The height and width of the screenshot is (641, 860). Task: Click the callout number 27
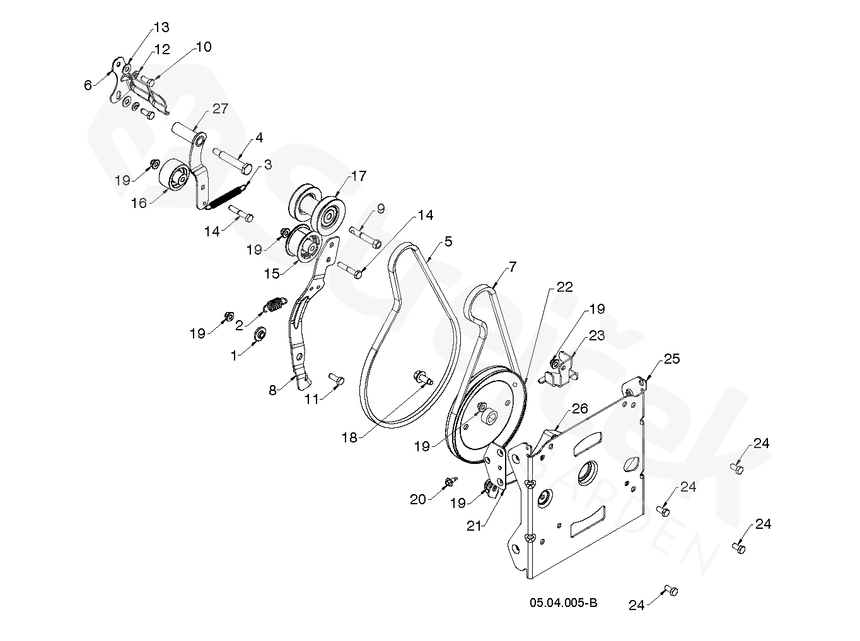(x=220, y=108)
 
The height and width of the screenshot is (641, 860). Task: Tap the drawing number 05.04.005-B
(x=564, y=603)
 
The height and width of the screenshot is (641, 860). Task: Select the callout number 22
(x=564, y=287)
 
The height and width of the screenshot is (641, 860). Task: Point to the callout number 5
(x=448, y=241)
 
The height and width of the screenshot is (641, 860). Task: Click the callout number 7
(x=512, y=267)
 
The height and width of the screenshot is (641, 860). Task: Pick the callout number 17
(x=359, y=176)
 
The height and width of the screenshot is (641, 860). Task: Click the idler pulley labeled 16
(x=173, y=176)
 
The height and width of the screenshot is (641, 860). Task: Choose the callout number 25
(x=672, y=359)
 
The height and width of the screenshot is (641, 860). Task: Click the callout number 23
(x=596, y=335)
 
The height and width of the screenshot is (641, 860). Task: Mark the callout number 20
(x=418, y=499)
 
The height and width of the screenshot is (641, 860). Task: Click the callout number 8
(x=272, y=390)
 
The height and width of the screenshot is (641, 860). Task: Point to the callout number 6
(x=88, y=85)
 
